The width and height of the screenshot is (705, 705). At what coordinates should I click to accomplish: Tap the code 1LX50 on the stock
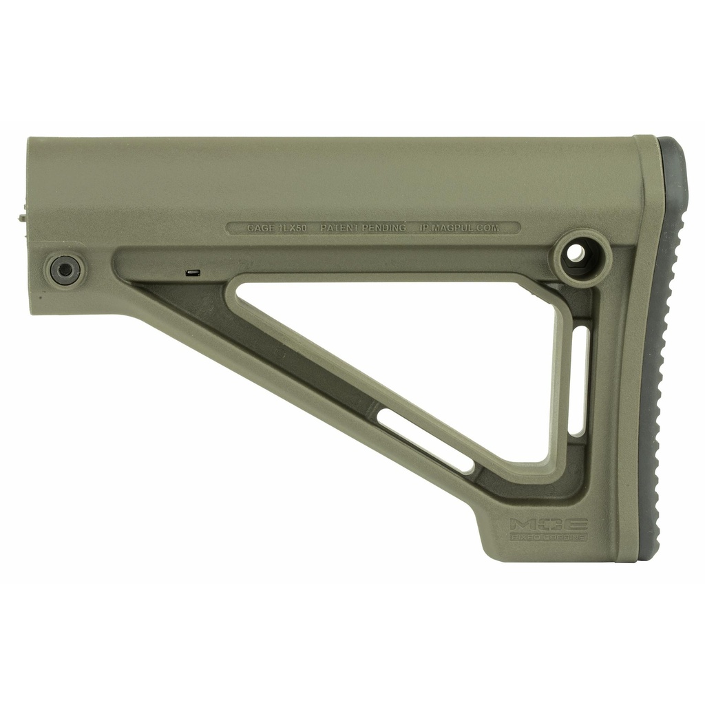coord(293,227)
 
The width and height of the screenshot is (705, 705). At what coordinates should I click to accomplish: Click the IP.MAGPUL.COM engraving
coord(459,227)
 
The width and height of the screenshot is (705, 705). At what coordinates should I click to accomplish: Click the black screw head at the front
coord(65,270)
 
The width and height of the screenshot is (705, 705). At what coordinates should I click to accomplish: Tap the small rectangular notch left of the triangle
coord(193,273)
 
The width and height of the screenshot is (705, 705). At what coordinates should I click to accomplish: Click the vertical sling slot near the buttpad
coord(579,380)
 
